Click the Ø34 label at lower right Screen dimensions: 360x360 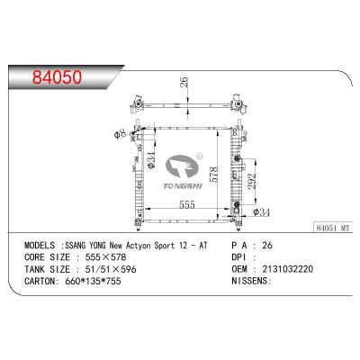pyautogui.click(x=262, y=212)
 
